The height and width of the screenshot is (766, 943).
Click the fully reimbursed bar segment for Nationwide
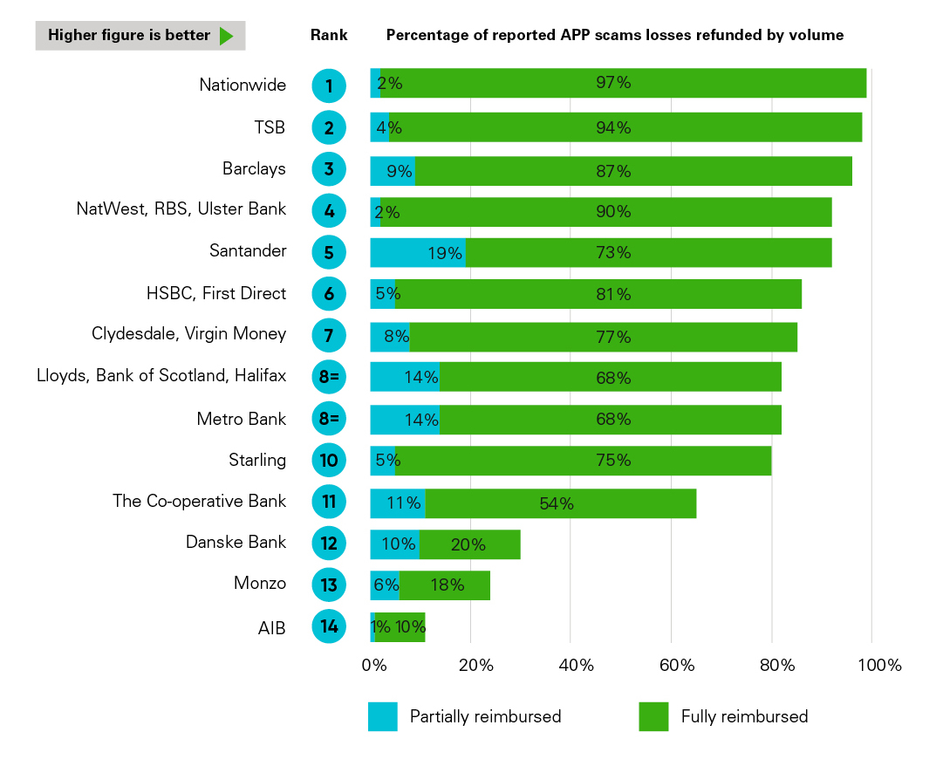click(623, 84)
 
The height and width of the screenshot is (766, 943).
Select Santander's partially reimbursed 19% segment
click(417, 253)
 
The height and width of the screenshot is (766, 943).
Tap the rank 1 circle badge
click(329, 85)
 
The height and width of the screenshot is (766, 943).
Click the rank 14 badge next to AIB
click(329, 626)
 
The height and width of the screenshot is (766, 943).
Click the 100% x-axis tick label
click(879, 666)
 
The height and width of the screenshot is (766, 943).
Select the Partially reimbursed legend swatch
click(383, 716)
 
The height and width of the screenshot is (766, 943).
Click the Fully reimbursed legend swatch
click(653, 716)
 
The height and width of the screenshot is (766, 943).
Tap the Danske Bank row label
click(236, 542)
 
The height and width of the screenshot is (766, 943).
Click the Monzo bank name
click(259, 584)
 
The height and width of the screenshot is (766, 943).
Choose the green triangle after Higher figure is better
click(226, 36)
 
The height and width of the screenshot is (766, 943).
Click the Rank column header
click(329, 36)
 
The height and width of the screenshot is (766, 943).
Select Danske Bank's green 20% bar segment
click(469, 544)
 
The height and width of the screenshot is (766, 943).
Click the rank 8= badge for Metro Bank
click(329, 419)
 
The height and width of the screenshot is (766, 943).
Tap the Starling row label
click(256, 460)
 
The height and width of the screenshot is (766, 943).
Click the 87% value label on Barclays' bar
click(612, 171)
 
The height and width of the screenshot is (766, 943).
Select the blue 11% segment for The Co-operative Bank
click(398, 503)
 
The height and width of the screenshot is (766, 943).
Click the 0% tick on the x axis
click(374, 666)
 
